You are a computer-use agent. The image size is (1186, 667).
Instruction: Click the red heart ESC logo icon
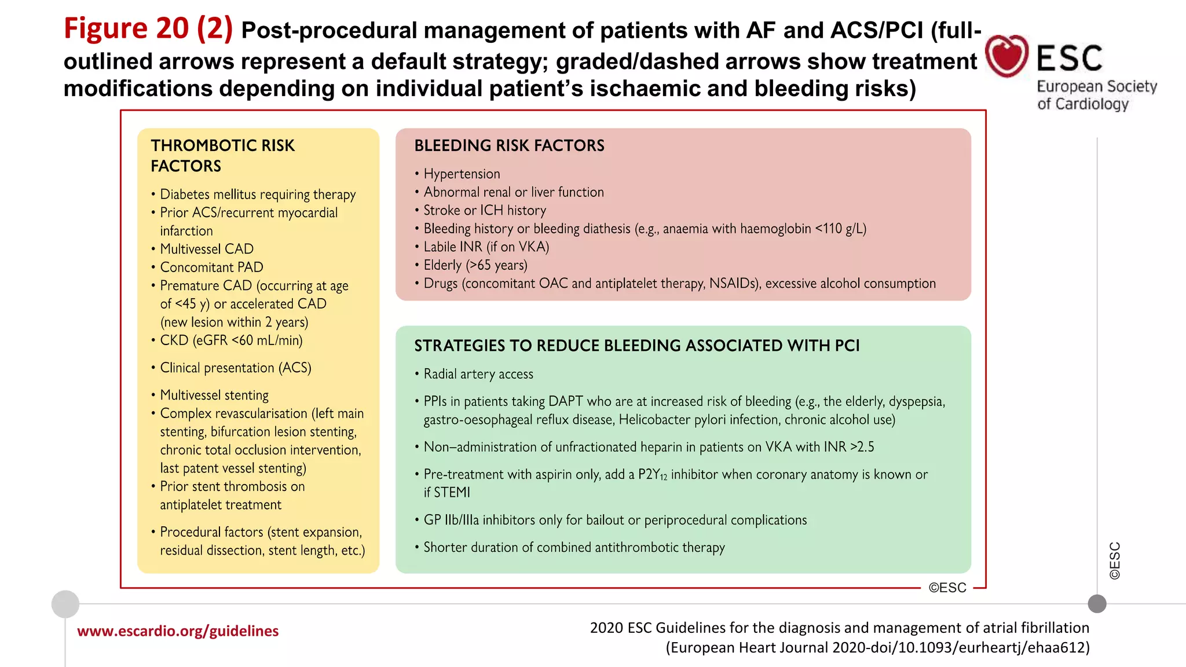(1006, 56)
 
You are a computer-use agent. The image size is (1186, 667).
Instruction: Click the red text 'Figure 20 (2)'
(148, 28)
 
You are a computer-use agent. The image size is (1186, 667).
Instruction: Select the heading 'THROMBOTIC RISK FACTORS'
(222, 155)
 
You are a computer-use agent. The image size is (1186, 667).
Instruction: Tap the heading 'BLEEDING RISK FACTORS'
(509, 145)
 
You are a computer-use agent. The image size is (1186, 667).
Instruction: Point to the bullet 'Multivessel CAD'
(207, 249)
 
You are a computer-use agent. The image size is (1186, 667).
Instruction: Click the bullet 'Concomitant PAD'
(211, 267)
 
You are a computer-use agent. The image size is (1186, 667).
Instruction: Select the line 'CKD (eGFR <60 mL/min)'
(231, 340)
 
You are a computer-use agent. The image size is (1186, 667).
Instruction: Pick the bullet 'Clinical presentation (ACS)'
(235, 368)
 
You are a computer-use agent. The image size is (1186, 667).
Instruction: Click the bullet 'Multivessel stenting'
(214, 395)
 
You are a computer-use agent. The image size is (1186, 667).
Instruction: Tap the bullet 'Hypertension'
(462, 174)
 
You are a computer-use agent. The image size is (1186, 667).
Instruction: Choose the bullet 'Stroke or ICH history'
(485, 210)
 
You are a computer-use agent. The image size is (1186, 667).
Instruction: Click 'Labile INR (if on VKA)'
(486, 247)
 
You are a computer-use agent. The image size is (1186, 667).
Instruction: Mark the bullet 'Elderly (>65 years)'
(475, 265)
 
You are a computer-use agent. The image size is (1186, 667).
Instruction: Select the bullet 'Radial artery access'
(478, 374)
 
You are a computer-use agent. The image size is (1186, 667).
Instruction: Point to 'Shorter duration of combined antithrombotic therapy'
(574, 547)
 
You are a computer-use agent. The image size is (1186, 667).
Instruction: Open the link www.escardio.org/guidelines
(178, 631)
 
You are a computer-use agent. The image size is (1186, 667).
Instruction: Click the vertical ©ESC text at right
(1114, 560)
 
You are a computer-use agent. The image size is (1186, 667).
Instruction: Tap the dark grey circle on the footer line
(1097, 604)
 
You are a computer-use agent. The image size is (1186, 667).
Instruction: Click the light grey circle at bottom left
(65, 604)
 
